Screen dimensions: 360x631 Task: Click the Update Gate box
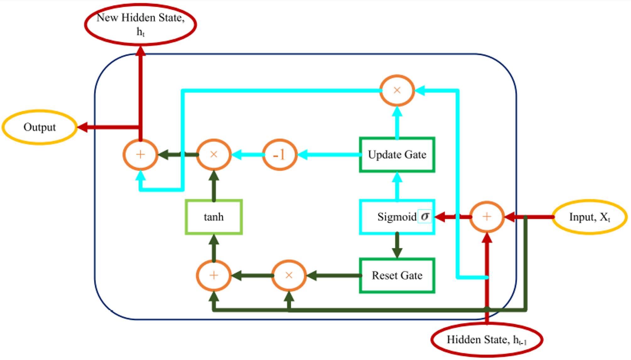pyautogui.click(x=397, y=155)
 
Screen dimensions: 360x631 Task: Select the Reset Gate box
pyautogui.click(x=397, y=275)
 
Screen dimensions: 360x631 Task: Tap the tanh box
pyautogui.click(x=214, y=217)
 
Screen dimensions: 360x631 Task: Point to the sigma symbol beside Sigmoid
pyautogui.click(x=425, y=216)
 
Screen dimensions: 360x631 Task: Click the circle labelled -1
pyautogui.click(x=279, y=155)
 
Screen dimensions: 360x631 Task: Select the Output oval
pyautogui.click(x=40, y=127)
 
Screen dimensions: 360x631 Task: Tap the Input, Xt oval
pyautogui.click(x=590, y=217)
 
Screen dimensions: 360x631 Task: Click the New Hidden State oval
pyautogui.click(x=140, y=24)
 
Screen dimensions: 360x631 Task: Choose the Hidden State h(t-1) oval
pyautogui.click(x=486, y=340)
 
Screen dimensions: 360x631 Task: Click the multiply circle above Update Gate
pyautogui.click(x=397, y=90)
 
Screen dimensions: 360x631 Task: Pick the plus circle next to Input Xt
pyautogui.click(x=487, y=217)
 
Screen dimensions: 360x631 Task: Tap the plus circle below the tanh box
pyautogui.click(x=214, y=275)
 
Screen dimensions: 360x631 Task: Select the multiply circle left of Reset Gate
pyautogui.click(x=289, y=275)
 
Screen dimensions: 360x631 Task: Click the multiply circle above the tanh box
pyautogui.click(x=214, y=155)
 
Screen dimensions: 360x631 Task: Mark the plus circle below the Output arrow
pyautogui.click(x=140, y=155)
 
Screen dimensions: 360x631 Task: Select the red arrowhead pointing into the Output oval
pyautogui.click(x=82, y=127)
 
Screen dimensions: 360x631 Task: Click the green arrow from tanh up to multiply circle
pyautogui.click(x=214, y=185)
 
